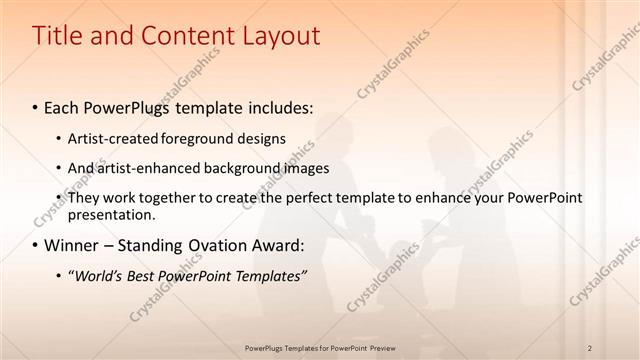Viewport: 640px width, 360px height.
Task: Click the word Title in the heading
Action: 58,36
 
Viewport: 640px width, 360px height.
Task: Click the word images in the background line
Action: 305,168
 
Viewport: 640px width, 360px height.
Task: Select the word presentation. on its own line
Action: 111,214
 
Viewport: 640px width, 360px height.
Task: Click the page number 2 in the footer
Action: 591,347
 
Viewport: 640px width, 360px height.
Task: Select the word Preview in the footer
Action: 382,347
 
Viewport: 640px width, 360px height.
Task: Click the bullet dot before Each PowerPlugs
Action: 36,106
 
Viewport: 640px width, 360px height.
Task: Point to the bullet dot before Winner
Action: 36,246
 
